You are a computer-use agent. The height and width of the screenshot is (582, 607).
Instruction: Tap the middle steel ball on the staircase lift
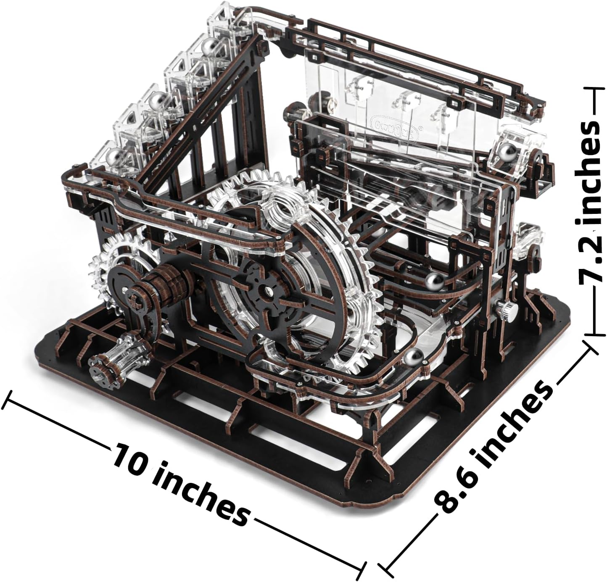(156, 100)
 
